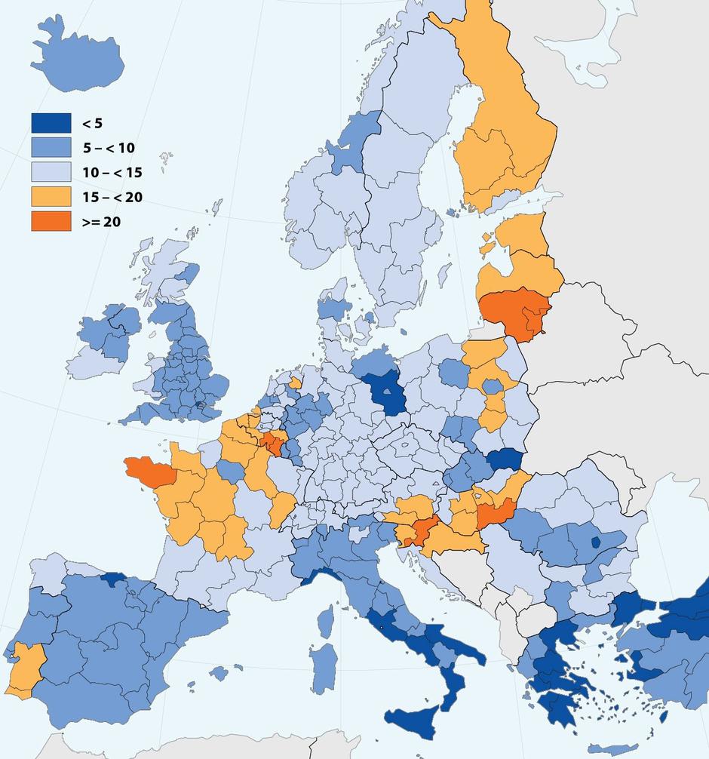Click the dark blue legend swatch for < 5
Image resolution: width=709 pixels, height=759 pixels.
(51, 123)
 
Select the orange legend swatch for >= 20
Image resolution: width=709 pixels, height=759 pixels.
(51, 221)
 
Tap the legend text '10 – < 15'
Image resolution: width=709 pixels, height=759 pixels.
(112, 173)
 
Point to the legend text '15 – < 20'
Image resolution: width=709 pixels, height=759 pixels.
(112, 198)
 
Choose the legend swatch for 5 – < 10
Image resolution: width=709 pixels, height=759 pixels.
(51, 148)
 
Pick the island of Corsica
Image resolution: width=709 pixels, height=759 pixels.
(326, 620)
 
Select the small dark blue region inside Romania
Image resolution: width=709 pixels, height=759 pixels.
(596, 541)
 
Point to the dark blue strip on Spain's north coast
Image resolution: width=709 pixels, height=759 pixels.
(113, 579)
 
